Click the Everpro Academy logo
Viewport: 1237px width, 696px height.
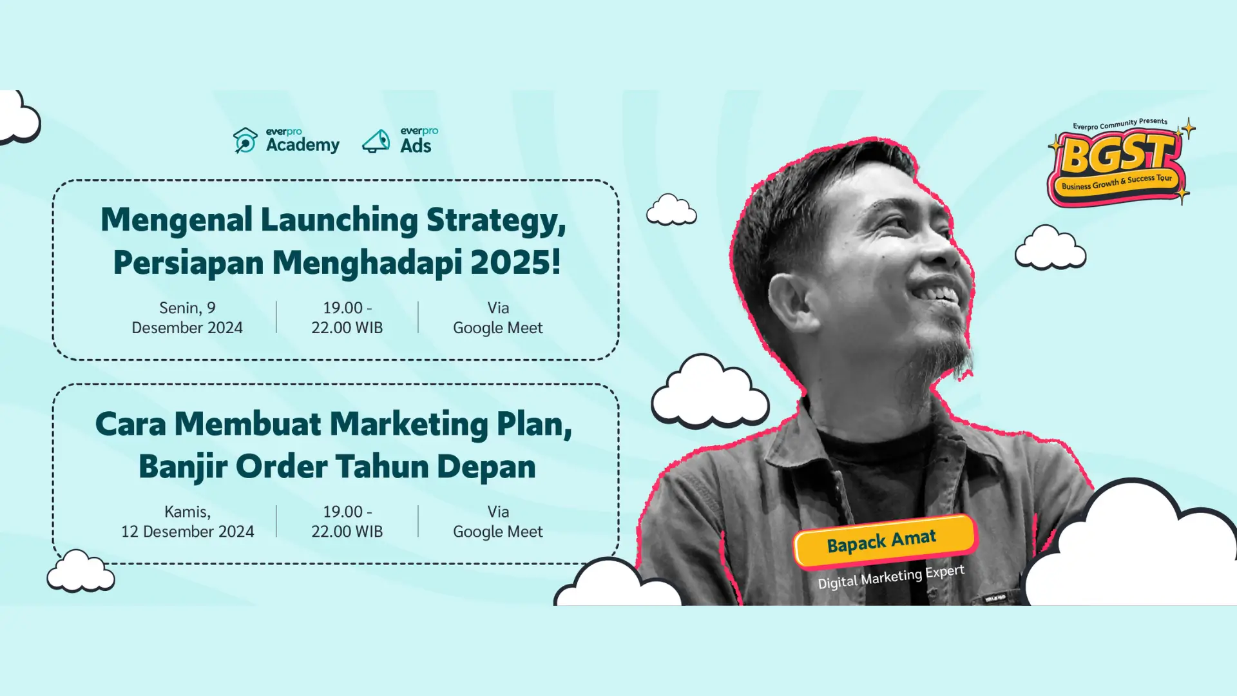(286, 140)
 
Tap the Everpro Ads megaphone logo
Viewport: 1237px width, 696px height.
(400, 140)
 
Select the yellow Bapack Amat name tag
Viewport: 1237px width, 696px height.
(885, 541)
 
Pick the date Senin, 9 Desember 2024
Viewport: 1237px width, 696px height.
(187, 318)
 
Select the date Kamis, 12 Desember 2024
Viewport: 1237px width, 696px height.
(187, 521)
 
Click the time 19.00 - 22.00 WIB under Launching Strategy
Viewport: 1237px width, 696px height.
(347, 318)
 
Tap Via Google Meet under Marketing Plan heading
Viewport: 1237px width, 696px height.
(498, 521)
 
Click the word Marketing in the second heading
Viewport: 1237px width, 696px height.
(409, 425)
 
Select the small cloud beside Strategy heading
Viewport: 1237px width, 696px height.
(671, 209)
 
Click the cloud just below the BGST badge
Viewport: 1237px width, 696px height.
(1051, 247)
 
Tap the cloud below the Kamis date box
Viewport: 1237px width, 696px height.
(81, 572)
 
